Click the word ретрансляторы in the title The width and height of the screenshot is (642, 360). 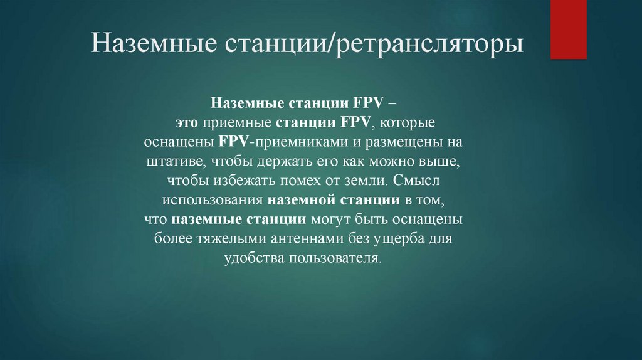(431, 46)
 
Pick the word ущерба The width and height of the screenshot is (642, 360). (389, 240)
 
